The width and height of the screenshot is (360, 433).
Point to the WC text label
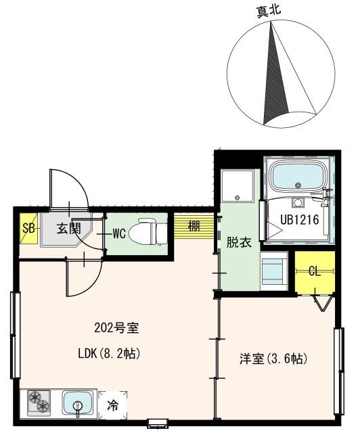pos(119,234)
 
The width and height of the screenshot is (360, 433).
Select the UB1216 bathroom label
pos(300,219)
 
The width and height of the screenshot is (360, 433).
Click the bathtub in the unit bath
pos(297,179)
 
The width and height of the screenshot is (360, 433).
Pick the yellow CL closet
pos(315,272)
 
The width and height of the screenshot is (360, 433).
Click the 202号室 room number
pos(116,329)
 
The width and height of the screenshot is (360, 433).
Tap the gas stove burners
pos(39,404)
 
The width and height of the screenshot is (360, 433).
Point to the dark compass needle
pos(273,74)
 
